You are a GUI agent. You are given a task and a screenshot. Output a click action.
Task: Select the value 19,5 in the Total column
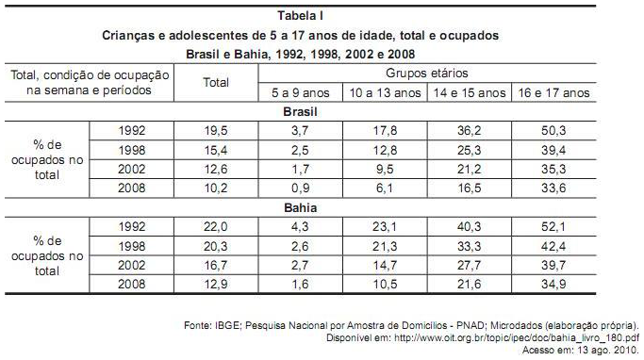[x=217, y=130]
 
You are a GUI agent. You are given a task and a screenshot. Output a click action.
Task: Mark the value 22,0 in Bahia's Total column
[x=217, y=227]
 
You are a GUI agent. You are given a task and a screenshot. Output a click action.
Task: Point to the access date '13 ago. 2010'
[x=610, y=346]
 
